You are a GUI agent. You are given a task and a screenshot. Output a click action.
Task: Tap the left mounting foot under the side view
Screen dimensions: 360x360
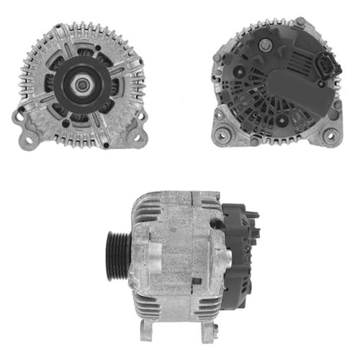click(147, 330)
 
